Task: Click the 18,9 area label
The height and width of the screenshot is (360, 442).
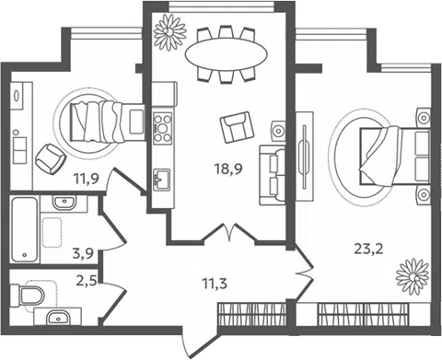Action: coord(228,168)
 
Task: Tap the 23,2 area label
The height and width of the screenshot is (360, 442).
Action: coord(368,249)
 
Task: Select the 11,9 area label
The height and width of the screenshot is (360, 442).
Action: coord(86,179)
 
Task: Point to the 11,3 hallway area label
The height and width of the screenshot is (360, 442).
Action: coord(215,284)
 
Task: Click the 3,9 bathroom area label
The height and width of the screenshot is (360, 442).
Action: coord(83,254)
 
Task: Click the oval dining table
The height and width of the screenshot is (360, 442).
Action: coord(227,54)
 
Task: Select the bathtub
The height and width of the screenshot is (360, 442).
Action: coord(24,230)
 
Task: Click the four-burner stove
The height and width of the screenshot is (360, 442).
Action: coord(163,128)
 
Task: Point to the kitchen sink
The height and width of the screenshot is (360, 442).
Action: coord(161,179)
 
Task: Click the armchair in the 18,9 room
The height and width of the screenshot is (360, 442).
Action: coord(238,127)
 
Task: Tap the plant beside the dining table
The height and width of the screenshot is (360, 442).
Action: coord(169,32)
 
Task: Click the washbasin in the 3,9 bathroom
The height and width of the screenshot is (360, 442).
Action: coord(64,202)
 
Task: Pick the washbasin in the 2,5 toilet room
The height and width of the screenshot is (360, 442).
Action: coord(59,319)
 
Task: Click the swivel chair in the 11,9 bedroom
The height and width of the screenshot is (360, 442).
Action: coord(51,159)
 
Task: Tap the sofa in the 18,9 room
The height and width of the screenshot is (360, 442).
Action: coord(273,175)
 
